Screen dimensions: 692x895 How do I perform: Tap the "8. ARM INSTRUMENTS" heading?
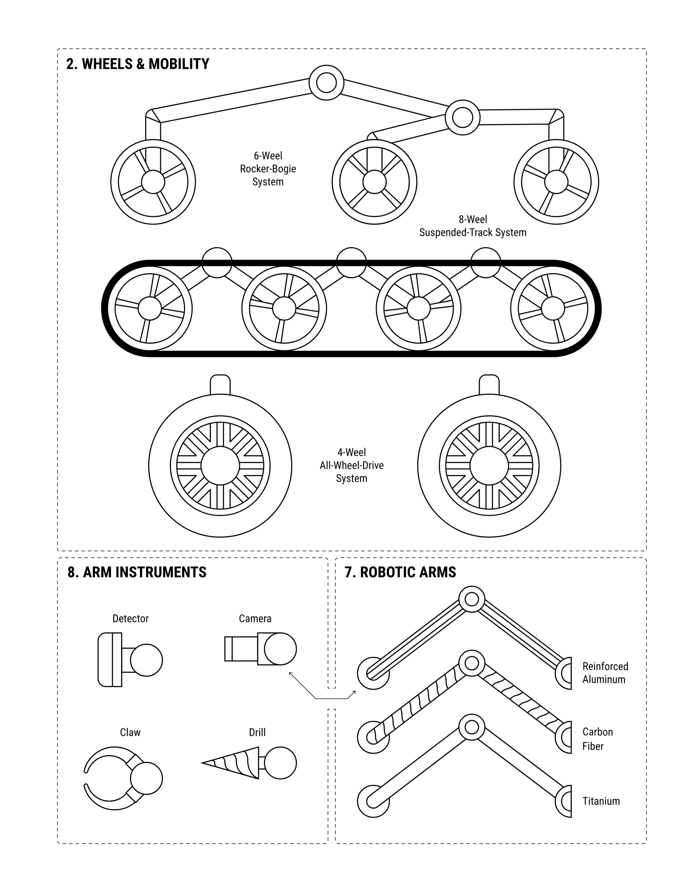pyautogui.click(x=137, y=572)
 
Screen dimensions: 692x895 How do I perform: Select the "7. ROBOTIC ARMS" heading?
pyautogui.click(x=400, y=572)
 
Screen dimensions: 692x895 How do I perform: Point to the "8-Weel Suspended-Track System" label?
pyautogui.click(x=473, y=226)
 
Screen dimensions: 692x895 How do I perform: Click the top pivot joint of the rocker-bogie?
pyautogui.click(x=326, y=82)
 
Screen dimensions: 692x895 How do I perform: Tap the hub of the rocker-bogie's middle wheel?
pyautogui.click(x=374, y=182)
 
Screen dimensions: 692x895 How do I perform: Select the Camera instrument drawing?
pyautogui.click(x=260, y=649)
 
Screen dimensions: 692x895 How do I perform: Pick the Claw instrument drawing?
pyautogui.click(x=123, y=779)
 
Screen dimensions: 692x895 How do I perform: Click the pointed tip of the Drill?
pyautogui.click(x=202, y=763)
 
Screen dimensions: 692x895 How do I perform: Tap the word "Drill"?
pyautogui.click(x=258, y=732)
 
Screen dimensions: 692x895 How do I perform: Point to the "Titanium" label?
pyautogui.click(x=601, y=801)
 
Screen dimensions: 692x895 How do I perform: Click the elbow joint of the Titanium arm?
pyautogui.click(x=472, y=727)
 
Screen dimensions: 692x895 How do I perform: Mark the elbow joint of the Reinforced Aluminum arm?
pyautogui.click(x=472, y=599)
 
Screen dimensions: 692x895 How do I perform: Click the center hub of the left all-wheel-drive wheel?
pyautogui.click(x=220, y=466)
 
